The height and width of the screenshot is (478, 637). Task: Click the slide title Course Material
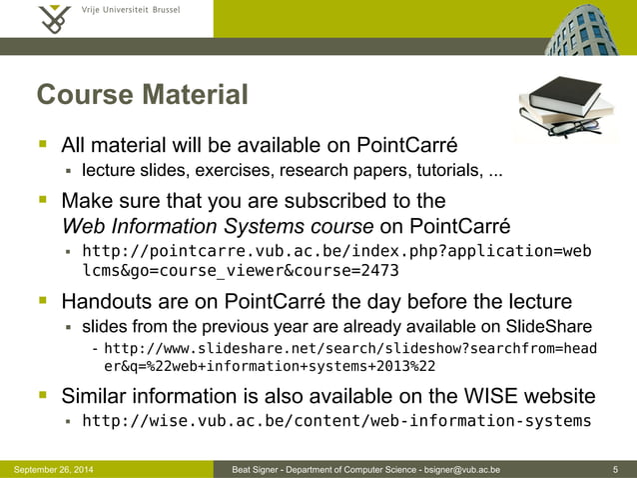(142, 96)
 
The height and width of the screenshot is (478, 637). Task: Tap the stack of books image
(554, 110)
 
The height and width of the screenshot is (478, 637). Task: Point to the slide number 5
(619, 469)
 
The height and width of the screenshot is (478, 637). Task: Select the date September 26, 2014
(49, 469)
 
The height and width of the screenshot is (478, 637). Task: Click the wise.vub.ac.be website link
(335, 420)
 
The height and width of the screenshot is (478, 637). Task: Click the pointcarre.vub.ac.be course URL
(335, 260)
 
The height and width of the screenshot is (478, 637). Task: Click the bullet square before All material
(44, 144)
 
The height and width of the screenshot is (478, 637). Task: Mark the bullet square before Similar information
(44, 393)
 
